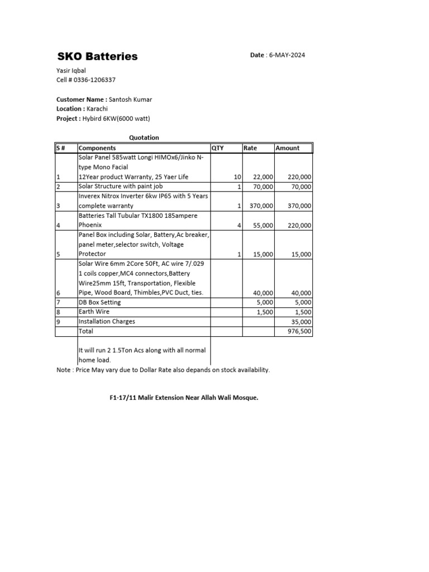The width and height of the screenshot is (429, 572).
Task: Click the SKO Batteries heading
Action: tap(98, 56)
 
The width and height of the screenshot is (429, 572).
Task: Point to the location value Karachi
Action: tap(97, 109)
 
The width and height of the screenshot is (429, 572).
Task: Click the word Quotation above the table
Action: tap(144, 137)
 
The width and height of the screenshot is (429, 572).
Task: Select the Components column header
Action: tap(98, 148)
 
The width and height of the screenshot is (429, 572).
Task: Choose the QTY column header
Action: tap(217, 148)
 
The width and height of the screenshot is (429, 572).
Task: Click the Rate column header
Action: tap(250, 148)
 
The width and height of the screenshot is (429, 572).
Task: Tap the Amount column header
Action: tap(287, 148)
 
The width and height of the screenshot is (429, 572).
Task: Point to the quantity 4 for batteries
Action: tap(239, 225)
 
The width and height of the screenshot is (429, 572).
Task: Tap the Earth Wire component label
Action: tap(94, 312)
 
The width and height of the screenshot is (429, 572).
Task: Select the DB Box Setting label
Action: tap(99, 302)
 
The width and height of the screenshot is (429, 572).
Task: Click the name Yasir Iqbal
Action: tap(71, 70)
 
